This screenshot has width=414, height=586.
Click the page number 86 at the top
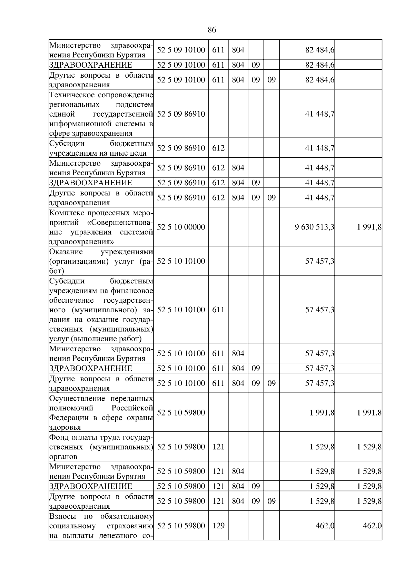(212, 30)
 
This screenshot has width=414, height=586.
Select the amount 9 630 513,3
(314, 227)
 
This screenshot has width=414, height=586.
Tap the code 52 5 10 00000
(181, 227)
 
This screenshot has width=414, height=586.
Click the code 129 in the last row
(218, 526)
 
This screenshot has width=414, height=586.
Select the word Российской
(132, 408)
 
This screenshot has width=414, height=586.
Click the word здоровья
(65, 428)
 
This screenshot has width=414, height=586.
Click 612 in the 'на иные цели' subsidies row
(218, 148)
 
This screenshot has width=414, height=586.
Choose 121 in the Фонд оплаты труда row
(218, 447)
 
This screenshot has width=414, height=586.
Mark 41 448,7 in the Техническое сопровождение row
(319, 114)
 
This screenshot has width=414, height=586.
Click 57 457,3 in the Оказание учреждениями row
(319, 261)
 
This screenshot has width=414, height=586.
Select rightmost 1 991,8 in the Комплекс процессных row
(369, 227)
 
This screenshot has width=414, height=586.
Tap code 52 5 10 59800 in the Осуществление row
(181, 413)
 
